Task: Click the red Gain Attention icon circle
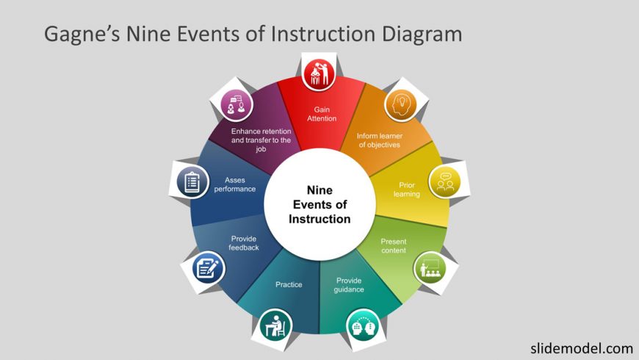(319, 74)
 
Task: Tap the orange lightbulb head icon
(400, 105)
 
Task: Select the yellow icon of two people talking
(445, 182)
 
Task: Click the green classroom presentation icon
(430, 268)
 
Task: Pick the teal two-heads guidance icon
(363, 325)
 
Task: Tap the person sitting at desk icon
(276, 325)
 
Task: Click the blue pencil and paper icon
(209, 268)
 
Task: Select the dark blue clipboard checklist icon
(192, 181)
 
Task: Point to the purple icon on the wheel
(237, 105)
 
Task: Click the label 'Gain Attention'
(322, 114)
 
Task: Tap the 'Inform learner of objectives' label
(380, 140)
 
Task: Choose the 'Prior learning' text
(407, 190)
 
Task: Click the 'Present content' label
(394, 246)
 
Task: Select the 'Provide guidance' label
(349, 285)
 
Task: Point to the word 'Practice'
(289, 284)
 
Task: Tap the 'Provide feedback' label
(244, 243)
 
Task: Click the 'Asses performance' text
(235, 184)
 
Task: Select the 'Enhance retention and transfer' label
(261, 140)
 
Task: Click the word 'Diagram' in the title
(422, 35)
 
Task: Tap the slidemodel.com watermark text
(582, 348)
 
